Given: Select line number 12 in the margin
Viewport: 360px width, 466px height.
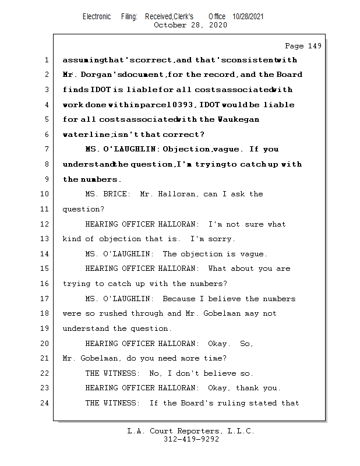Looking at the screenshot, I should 46,224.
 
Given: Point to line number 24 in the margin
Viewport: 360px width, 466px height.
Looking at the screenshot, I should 46,403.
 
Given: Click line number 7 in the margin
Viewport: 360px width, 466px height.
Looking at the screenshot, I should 46,150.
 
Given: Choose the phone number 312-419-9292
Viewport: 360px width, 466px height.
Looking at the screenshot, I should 191,439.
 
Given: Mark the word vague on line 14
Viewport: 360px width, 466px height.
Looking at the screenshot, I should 252,254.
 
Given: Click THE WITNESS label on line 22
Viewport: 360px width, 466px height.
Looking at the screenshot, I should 111,373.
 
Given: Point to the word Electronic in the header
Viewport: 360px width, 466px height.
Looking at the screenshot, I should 97,17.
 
